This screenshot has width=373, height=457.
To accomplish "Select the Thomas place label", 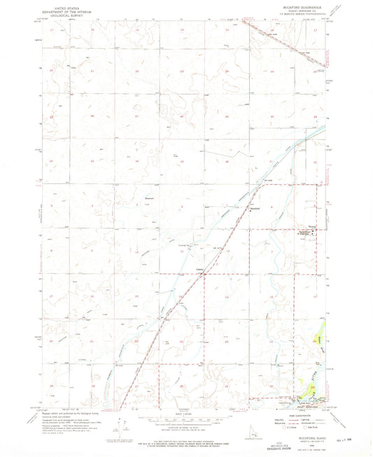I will coord(312,225).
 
